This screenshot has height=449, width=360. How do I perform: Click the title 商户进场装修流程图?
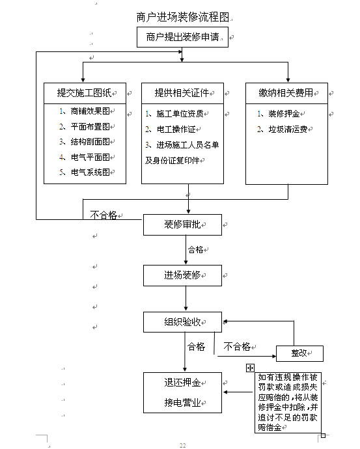coord(183,17)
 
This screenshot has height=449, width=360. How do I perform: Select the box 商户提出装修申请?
coord(182,37)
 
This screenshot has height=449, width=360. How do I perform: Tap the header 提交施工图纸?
coord(85,93)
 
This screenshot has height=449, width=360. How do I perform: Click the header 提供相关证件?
coord(182,93)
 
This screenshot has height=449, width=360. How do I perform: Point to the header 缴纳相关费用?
coord(286,93)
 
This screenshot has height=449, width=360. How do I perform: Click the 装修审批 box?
coord(182,224)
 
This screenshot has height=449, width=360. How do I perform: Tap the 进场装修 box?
coord(182,275)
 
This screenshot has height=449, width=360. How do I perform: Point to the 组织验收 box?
coord(182,322)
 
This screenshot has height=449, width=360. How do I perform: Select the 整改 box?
coord(299,353)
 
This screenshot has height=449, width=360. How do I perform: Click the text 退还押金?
coord(182,383)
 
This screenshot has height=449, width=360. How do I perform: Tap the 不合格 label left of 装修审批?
coord(104,215)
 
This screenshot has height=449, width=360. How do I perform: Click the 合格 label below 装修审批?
coord(195,250)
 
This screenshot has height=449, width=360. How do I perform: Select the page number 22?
coord(183,445)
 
